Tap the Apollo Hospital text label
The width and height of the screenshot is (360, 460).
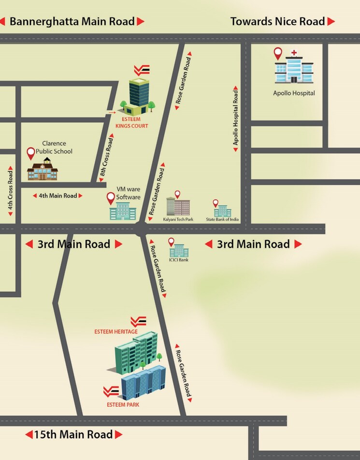[x=294, y=93]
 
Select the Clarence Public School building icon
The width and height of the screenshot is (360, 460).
[x=43, y=171]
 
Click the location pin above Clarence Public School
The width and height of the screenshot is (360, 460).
[x=31, y=153]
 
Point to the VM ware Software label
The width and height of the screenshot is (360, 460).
[x=129, y=193]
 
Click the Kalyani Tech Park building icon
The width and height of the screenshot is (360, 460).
[x=178, y=207]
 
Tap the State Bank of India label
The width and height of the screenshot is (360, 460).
[x=222, y=219]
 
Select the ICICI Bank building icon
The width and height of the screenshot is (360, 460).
[x=179, y=251]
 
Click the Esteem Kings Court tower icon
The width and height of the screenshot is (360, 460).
[x=138, y=95]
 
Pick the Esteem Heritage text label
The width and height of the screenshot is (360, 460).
[x=116, y=332]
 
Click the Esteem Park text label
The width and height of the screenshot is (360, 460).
[x=123, y=404]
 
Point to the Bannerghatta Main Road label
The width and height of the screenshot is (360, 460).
[x=72, y=21]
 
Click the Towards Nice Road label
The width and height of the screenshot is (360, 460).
[x=277, y=21]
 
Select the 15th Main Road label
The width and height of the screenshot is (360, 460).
[x=73, y=434]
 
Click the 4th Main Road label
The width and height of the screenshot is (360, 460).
[x=57, y=196]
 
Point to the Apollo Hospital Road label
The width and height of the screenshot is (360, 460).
[x=236, y=119]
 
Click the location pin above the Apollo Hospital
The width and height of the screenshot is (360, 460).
[x=278, y=53]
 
